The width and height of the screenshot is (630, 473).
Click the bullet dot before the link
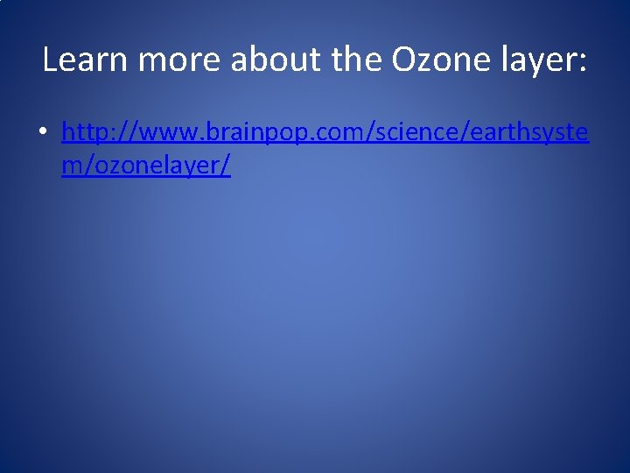tap(42, 134)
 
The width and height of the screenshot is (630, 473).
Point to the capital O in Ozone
tap(405, 60)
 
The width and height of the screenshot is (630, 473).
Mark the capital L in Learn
tap(50, 60)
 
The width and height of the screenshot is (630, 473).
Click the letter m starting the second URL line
tap(71, 166)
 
